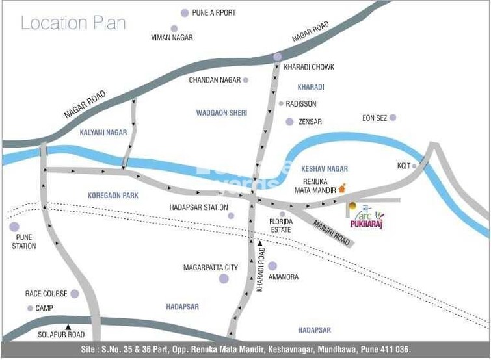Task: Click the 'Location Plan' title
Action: [x=73, y=23]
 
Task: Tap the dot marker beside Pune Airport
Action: [x=185, y=13]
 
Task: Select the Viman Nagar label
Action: [x=172, y=38]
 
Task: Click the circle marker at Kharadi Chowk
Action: [x=278, y=57]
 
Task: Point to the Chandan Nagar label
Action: [x=215, y=81]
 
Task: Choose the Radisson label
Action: [x=301, y=104]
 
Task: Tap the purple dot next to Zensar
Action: [x=289, y=122]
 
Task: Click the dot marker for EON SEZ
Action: [x=393, y=118]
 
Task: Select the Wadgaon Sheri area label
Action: [x=222, y=113]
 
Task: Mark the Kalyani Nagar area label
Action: [x=103, y=133]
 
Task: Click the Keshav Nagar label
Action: [x=325, y=169]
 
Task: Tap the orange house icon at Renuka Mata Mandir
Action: [x=342, y=188]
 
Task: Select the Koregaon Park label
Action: [x=113, y=196]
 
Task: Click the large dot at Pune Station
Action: [x=14, y=227]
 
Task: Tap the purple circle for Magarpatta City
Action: [x=224, y=279]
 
